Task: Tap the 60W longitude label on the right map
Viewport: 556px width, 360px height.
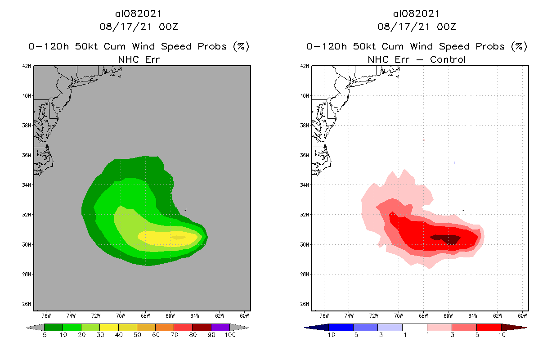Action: click(522, 315)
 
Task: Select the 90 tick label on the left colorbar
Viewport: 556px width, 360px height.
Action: click(211, 335)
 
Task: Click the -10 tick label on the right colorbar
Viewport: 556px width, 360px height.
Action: click(329, 335)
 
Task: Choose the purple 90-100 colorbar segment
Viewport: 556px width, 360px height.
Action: click(220, 327)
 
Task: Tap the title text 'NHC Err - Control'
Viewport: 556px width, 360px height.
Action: click(417, 59)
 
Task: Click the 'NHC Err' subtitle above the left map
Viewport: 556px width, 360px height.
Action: click(139, 59)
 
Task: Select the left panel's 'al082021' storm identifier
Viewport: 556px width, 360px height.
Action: click(139, 14)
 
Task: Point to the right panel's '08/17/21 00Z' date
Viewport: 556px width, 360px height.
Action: click(417, 27)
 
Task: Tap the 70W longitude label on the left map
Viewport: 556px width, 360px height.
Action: click(120, 315)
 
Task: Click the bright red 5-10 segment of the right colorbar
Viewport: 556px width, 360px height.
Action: click(489, 327)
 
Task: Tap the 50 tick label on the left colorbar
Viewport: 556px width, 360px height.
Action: click(137, 335)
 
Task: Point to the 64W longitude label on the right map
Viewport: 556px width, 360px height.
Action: click(472, 315)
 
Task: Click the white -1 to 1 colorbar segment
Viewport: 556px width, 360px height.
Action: click(414, 327)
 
